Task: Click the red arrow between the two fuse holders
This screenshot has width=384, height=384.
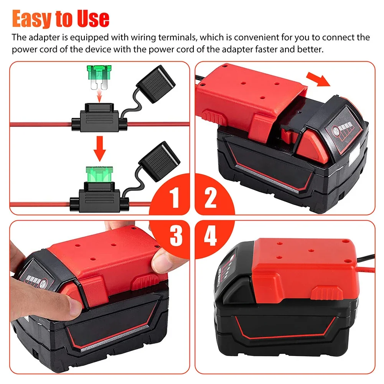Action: tap(100, 149)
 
